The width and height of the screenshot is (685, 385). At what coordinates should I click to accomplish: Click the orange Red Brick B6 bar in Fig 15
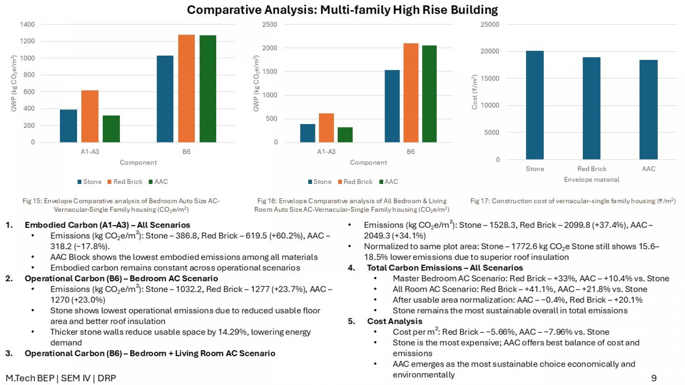(x=186, y=88)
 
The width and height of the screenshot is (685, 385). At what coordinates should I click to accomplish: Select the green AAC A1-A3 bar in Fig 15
(x=111, y=129)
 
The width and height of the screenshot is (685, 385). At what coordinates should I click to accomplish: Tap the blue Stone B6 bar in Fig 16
(x=392, y=106)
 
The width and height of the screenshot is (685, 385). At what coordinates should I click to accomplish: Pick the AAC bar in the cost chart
(x=648, y=110)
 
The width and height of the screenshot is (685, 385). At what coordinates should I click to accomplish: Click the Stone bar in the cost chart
(x=535, y=105)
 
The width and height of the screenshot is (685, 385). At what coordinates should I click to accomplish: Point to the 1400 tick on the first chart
(x=27, y=24)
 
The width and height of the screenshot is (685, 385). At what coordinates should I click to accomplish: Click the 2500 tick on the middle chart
(x=270, y=24)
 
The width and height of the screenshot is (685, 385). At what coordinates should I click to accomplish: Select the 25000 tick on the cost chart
(x=490, y=24)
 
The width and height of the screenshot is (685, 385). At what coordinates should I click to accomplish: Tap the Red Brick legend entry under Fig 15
(x=125, y=182)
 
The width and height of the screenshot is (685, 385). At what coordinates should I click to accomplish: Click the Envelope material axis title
(x=591, y=180)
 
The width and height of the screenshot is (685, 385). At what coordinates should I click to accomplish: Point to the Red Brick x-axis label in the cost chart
(x=592, y=169)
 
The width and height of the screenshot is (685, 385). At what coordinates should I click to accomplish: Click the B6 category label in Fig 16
(x=411, y=152)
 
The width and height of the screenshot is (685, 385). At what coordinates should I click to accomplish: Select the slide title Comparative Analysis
(x=342, y=10)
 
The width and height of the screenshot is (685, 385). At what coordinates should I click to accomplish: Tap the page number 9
(x=654, y=378)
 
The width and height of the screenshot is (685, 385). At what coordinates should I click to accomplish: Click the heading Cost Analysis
(x=394, y=321)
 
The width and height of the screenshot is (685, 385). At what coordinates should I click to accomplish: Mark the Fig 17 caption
(x=573, y=201)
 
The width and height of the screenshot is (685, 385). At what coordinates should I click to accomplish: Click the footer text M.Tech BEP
(x=30, y=378)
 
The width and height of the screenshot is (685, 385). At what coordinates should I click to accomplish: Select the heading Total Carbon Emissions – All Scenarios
(x=445, y=268)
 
